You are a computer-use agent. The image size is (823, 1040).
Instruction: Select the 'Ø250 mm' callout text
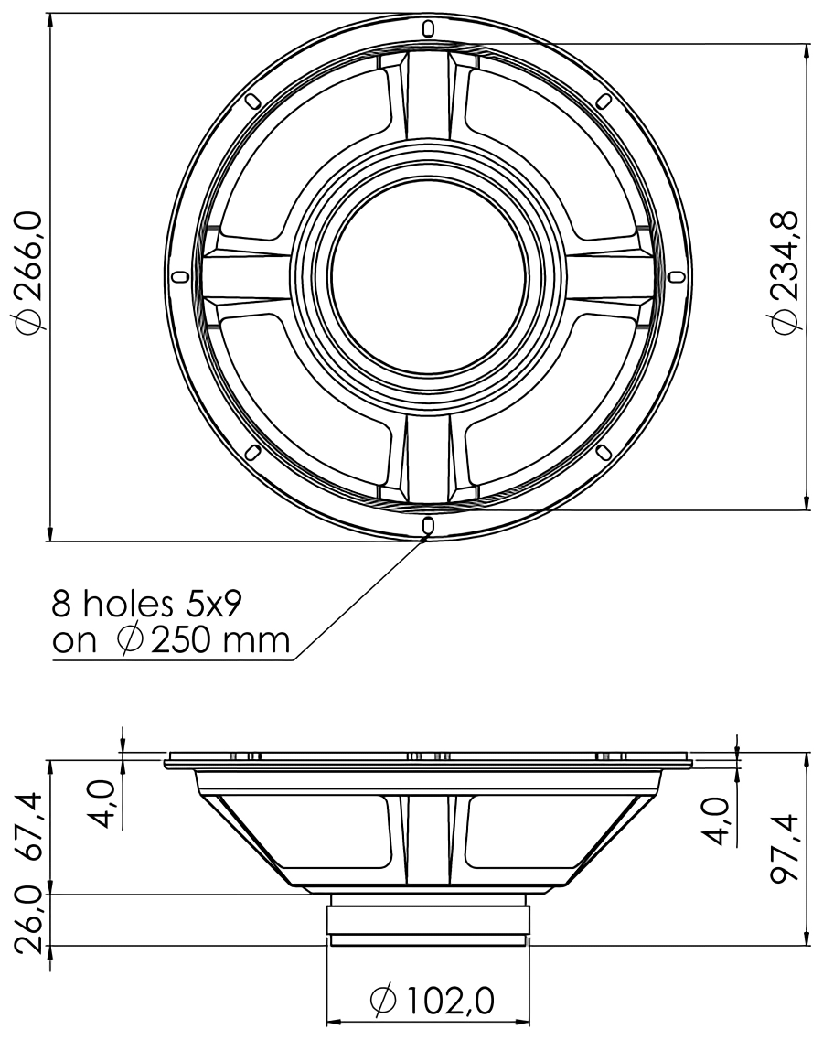203,640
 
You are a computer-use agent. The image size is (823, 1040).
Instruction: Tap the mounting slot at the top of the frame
428,28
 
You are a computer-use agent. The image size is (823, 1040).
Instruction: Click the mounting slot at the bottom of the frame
428,524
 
